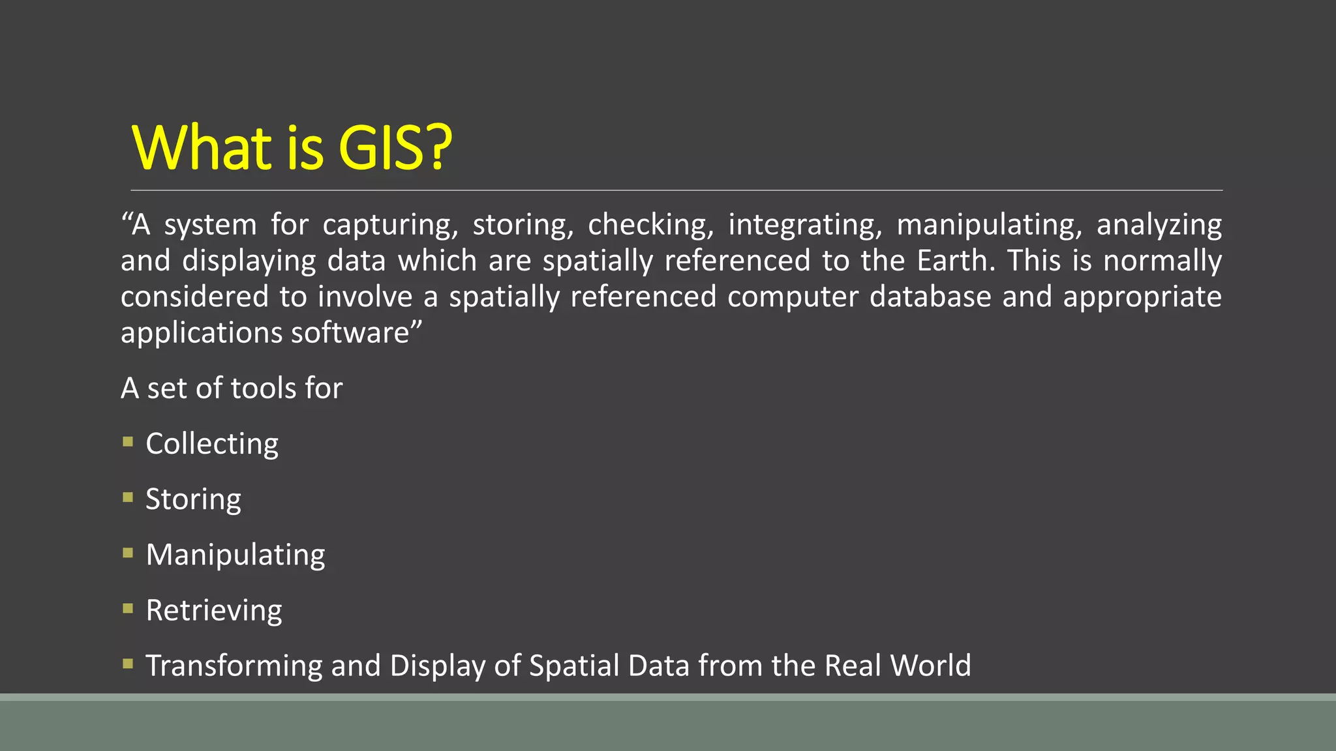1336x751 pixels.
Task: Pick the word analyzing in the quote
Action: (x=1159, y=226)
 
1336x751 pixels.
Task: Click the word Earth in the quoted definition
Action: (x=955, y=261)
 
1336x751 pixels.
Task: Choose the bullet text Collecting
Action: (x=212, y=445)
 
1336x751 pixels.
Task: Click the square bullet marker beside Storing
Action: (x=128, y=497)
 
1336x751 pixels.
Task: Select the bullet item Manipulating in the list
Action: (x=235, y=555)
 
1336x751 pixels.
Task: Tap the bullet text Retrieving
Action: (x=214, y=611)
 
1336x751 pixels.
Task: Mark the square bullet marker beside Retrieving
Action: (x=128, y=608)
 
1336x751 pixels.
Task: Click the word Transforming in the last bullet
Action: (x=234, y=666)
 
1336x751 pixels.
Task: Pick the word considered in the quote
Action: (x=194, y=297)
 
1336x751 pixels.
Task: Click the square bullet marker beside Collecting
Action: (x=128, y=442)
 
